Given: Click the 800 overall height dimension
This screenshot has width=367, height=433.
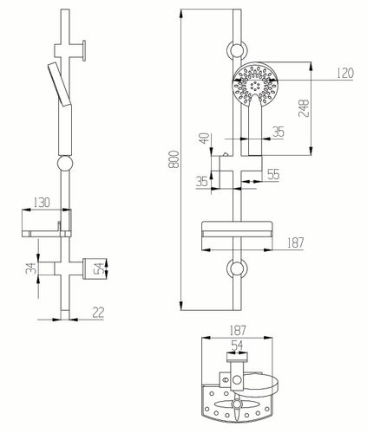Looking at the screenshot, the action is pyautogui.click(x=175, y=159).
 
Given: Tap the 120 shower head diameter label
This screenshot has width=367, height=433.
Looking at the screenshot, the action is pyautogui.click(x=345, y=73).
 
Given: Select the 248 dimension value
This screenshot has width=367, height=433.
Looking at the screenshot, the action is pyautogui.click(x=304, y=108).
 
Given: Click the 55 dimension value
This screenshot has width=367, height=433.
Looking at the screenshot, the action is pyautogui.click(x=273, y=174).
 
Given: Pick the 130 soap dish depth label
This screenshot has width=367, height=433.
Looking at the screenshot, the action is pyautogui.click(x=42, y=203).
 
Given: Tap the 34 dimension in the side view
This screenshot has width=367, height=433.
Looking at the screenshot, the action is pyautogui.click(x=31, y=268).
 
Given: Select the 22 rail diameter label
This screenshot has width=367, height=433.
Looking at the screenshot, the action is pyautogui.click(x=98, y=313).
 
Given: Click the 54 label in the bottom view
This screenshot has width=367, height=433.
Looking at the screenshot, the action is pyautogui.click(x=237, y=346).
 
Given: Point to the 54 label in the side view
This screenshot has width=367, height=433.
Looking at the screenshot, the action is pyautogui.click(x=99, y=268).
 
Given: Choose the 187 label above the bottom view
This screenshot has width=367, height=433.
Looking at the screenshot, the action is pyautogui.click(x=237, y=331).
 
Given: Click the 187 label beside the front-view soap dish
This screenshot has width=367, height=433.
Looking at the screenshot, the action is pyautogui.click(x=295, y=242).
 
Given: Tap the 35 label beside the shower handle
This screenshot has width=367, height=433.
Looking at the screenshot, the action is pyautogui.click(x=279, y=132).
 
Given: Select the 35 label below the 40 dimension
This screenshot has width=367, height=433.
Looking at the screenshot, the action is pyautogui.click(x=202, y=181).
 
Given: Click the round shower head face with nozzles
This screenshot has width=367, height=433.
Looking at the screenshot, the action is pyautogui.click(x=255, y=84).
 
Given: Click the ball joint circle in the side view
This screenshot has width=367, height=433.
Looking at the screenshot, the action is pyautogui.click(x=65, y=164).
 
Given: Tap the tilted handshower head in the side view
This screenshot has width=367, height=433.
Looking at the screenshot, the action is pyautogui.click(x=59, y=84).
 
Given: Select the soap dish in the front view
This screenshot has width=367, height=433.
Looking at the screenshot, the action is pyautogui.click(x=237, y=229).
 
